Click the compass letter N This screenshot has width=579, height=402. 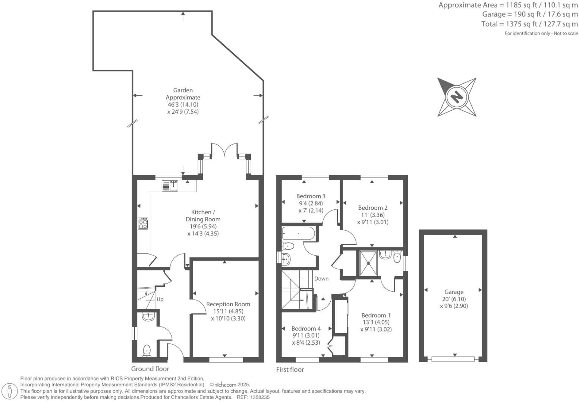click(x=456, y=97)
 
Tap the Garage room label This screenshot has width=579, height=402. click(x=454, y=292)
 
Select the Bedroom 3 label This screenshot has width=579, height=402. click(x=311, y=196)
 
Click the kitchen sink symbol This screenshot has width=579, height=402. click(x=170, y=186)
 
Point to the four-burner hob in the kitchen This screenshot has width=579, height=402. click(x=143, y=224)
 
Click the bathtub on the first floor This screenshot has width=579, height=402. click(x=299, y=234)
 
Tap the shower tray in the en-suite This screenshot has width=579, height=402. click(x=368, y=263)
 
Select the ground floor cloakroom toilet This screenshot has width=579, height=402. click(x=147, y=350)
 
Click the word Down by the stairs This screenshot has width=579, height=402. click(x=321, y=279)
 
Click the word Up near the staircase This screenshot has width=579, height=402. click(x=160, y=299)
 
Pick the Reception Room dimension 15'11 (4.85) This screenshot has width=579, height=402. click(x=228, y=311)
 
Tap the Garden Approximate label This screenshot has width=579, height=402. click(x=183, y=94)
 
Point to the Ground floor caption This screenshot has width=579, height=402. click(x=150, y=369)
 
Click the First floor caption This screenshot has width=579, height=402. click(x=290, y=370)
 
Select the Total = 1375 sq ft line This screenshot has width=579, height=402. click(x=529, y=24)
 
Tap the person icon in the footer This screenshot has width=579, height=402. click(x=10, y=391)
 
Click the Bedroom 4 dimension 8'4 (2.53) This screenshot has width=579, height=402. click(x=306, y=343)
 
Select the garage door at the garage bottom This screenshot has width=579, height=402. click(x=453, y=359)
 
